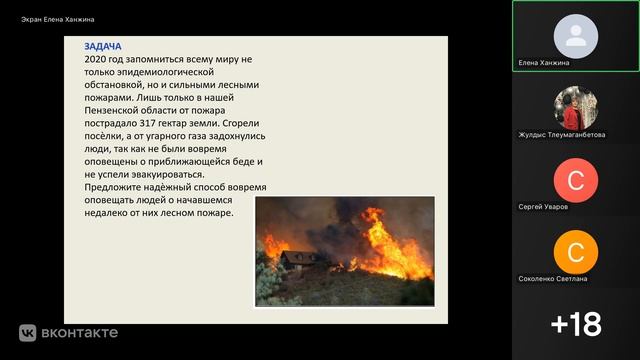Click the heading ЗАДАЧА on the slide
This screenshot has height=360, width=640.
click(104, 47)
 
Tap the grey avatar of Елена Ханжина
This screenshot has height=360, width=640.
click(575, 35)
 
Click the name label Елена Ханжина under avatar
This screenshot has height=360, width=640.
click(544, 62)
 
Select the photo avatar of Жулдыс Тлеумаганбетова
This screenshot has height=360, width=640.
click(575, 107)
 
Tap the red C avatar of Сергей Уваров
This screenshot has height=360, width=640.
click(575, 179)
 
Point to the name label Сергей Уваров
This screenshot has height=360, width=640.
click(544, 206)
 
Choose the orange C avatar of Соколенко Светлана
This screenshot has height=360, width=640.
click(575, 251)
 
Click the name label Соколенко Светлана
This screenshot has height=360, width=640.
click(553, 278)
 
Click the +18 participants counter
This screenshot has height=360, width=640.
click(575, 323)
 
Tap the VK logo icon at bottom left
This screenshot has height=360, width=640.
click(27, 333)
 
